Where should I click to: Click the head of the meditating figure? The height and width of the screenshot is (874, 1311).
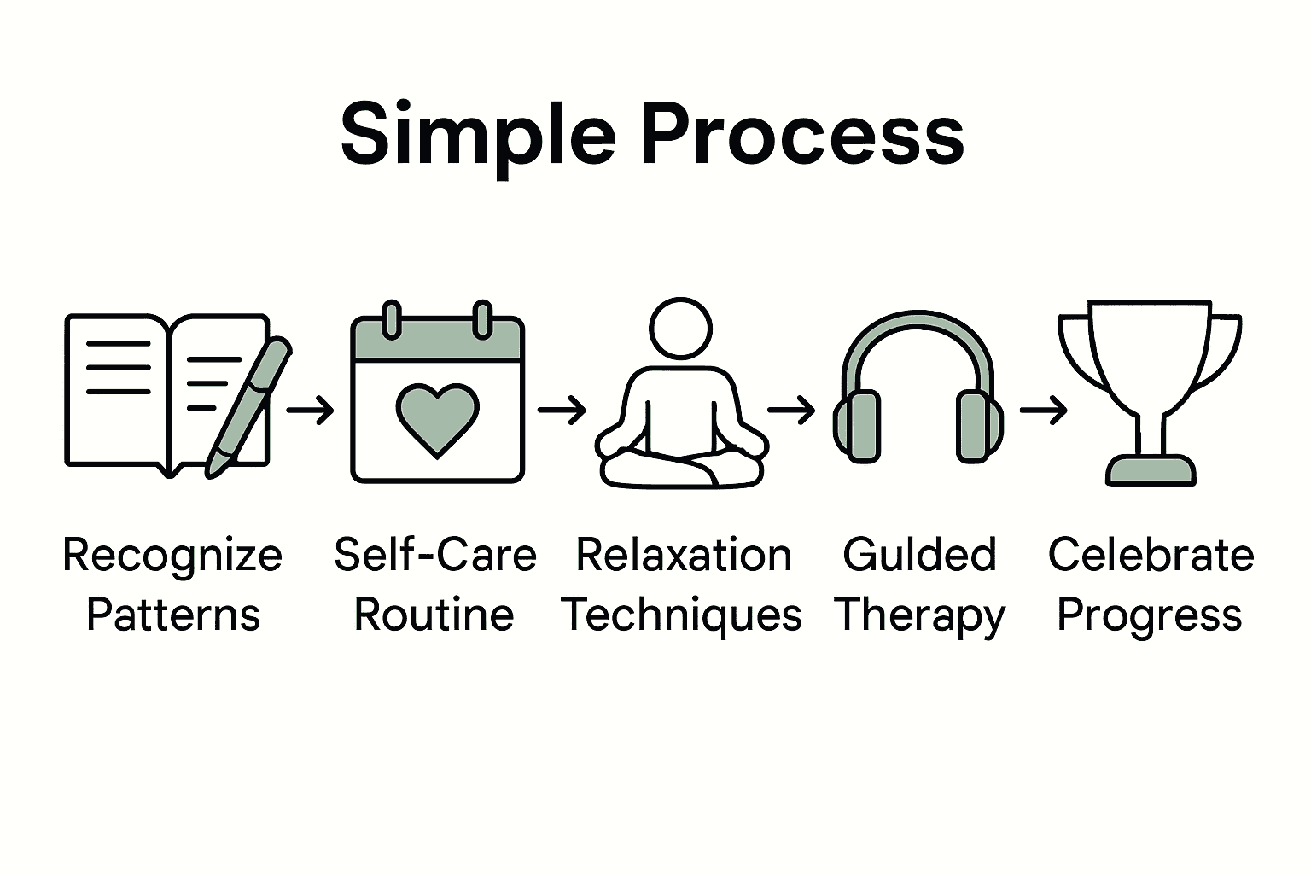pyautogui.click(x=680, y=329)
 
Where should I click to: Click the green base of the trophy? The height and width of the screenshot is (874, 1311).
pyautogui.click(x=1151, y=470)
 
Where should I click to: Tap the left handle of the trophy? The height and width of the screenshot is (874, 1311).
pyautogui.click(x=1077, y=350)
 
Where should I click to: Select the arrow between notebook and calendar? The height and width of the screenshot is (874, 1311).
pyautogui.click(x=310, y=411)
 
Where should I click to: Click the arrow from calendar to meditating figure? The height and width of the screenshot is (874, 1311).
pyautogui.click(x=562, y=411)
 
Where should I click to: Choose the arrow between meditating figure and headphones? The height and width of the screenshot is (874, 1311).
pyautogui.click(x=791, y=411)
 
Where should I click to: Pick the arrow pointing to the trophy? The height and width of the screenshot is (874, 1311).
pyautogui.click(x=1043, y=411)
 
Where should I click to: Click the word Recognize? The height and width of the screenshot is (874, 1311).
pyautogui.click(x=172, y=556)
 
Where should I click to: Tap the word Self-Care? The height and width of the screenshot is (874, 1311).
pyautogui.click(x=435, y=555)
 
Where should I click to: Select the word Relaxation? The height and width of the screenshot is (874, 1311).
pyautogui.click(x=684, y=555)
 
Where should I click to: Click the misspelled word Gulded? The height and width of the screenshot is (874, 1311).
pyautogui.click(x=919, y=555)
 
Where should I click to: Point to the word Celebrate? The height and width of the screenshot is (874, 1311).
pyautogui.click(x=1151, y=555)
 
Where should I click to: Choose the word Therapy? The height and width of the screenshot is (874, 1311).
pyautogui.click(x=920, y=616)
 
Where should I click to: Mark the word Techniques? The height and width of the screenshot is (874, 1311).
pyautogui.click(x=681, y=616)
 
